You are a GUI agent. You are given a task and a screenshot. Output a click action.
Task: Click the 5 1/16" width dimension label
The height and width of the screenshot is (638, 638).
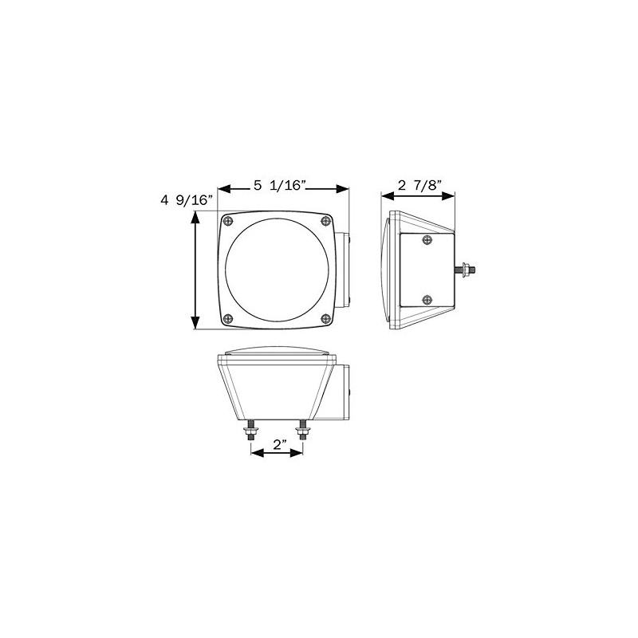point(279,186)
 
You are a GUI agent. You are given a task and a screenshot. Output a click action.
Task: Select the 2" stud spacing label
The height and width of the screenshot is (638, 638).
point(278,445)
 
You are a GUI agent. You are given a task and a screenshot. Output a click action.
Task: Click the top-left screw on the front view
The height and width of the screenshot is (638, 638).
point(230,221)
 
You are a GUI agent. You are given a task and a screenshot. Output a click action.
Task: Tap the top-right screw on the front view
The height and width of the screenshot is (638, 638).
point(324,221)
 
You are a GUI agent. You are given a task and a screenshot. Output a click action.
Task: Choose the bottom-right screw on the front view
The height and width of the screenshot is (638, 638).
point(324,317)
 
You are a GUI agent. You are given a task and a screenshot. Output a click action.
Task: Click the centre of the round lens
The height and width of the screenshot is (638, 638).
point(277,270)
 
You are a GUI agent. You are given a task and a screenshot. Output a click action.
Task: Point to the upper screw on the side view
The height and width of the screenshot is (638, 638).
point(428,240)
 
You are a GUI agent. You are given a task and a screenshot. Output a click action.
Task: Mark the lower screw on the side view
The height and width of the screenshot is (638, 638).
point(428,300)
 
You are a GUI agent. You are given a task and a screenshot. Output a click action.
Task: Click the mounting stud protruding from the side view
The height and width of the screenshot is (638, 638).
point(467,270)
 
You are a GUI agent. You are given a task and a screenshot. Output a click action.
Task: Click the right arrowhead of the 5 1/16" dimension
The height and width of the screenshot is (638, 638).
point(345,189)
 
